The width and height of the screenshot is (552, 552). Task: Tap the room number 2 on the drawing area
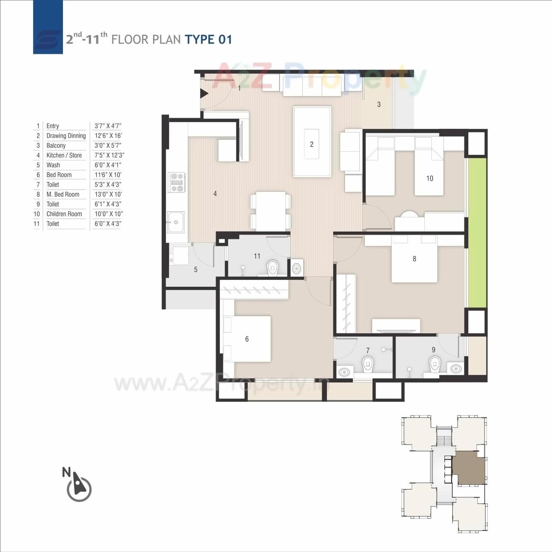click(312, 144)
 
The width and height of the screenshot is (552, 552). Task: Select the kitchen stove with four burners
click(176, 182)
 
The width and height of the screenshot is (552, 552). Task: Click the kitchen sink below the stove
click(176, 222)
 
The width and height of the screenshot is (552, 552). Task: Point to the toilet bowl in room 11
click(273, 268)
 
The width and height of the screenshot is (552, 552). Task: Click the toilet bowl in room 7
click(367, 365)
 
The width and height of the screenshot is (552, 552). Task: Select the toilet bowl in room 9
click(435, 364)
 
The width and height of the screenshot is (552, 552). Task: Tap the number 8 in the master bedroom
click(414, 259)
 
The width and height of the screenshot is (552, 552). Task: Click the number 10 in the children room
click(430, 179)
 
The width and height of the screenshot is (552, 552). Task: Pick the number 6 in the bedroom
click(247, 339)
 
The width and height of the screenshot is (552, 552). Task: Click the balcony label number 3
click(379, 104)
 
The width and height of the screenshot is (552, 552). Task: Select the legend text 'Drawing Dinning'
click(66, 136)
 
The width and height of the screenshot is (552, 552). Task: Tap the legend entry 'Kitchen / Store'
click(64, 155)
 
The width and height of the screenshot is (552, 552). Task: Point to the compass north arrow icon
click(78, 486)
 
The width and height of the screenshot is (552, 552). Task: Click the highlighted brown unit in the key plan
click(469, 468)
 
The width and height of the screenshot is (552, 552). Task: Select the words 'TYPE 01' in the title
click(209, 40)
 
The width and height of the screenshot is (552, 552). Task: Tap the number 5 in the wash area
click(196, 270)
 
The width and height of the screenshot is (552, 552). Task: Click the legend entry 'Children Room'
click(64, 214)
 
